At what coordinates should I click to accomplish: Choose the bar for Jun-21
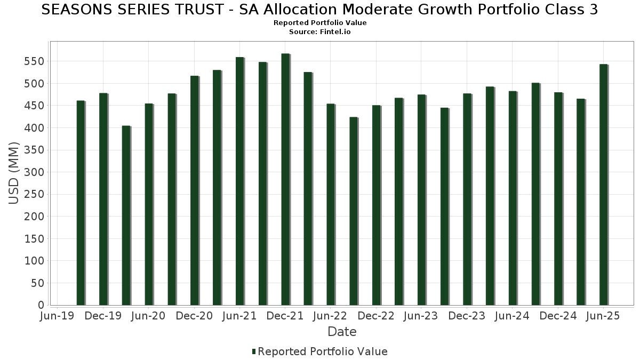(240, 181)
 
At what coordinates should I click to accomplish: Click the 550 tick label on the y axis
(35, 62)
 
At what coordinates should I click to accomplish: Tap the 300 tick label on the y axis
(35, 172)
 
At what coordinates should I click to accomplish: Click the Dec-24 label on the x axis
(558, 316)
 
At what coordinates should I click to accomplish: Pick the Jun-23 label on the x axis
(421, 316)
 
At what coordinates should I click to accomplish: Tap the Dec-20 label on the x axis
(195, 316)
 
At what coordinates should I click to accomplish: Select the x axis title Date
(342, 332)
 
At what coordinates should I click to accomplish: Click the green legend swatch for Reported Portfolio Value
(254, 351)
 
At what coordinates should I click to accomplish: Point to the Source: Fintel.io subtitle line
(320, 32)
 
